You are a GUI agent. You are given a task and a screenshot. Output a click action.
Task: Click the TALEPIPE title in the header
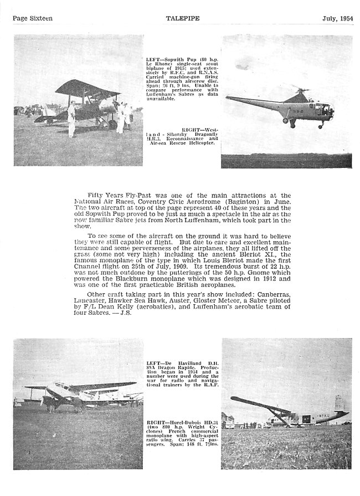(182, 18)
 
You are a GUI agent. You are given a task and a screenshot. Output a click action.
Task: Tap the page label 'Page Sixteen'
(33, 18)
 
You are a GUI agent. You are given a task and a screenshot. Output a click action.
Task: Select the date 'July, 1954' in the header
(338, 18)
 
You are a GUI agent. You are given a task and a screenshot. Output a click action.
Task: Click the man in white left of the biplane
(71, 118)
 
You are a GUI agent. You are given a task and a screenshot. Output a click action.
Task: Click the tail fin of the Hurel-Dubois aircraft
(338, 404)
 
